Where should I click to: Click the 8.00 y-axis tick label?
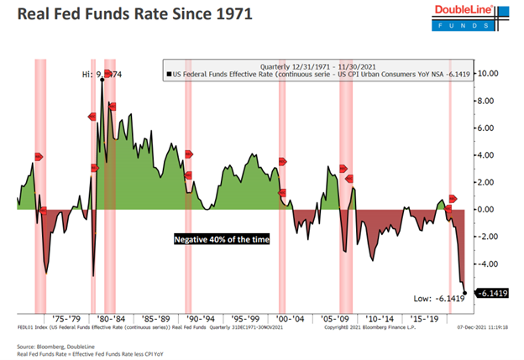(488, 101)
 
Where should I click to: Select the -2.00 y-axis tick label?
(488, 237)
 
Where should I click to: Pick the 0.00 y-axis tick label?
(488, 209)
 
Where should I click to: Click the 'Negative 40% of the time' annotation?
(221, 239)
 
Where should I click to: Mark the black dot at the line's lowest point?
(464, 292)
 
